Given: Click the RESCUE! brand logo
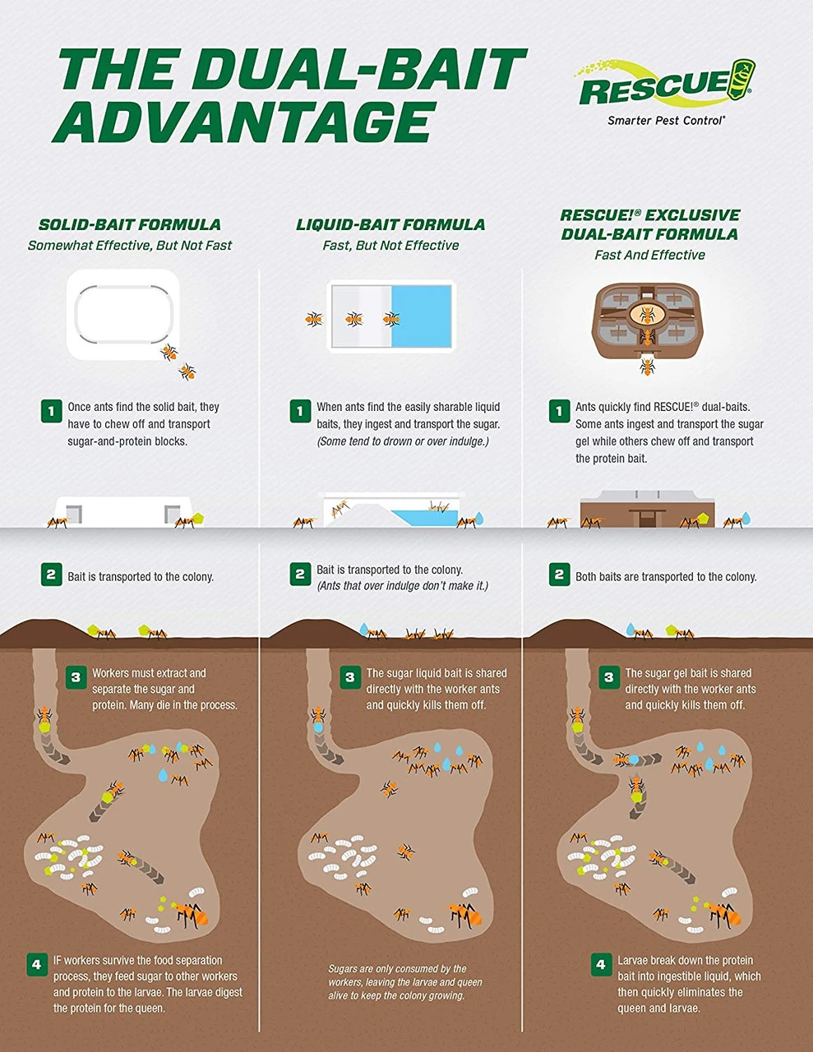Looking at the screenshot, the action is (x=666, y=83).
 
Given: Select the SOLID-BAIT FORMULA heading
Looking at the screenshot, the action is (x=130, y=224).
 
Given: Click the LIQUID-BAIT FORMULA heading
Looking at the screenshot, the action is (x=390, y=224).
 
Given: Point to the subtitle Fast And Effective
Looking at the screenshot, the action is (x=649, y=255).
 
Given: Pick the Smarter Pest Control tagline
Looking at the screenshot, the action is (x=667, y=121).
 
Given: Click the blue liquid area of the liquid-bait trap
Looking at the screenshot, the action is (x=421, y=316).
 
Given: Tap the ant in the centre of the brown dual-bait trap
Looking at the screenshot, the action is (x=646, y=315).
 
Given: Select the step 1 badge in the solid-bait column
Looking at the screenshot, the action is (x=51, y=412).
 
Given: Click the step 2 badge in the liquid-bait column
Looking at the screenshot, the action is (x=300, y=574).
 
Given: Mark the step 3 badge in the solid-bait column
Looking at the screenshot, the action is (x=76, y=677).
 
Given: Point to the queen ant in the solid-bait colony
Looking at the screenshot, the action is (x=192, y=914).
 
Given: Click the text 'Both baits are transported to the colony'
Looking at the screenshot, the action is (x=666, y=577).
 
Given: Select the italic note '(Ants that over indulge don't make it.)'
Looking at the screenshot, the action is (x=402, y=586).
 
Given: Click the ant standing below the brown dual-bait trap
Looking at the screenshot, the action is (x=647, y=366).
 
